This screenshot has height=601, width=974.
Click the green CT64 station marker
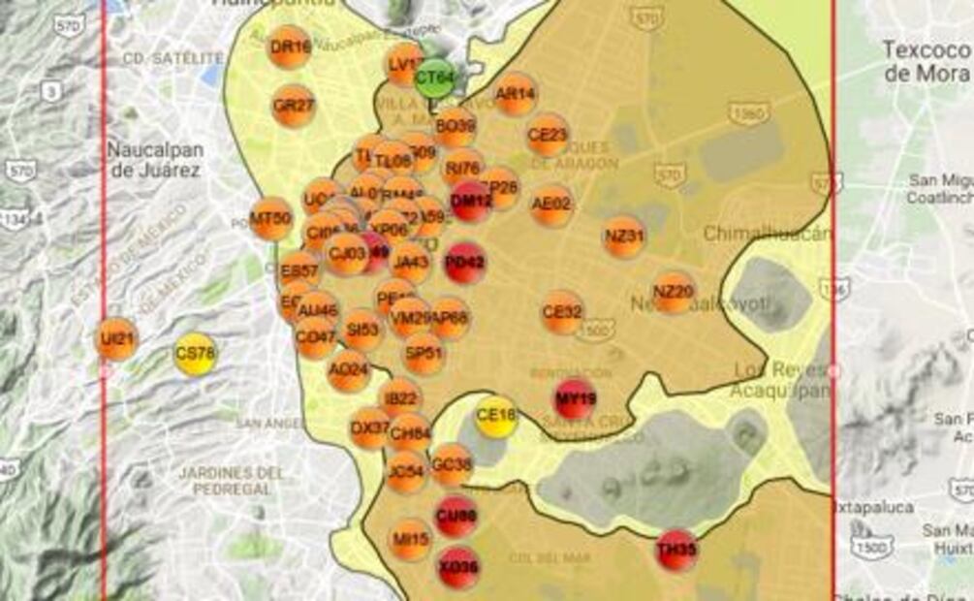[x=434, y=78]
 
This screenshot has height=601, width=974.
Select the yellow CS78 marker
[x=196, y=354]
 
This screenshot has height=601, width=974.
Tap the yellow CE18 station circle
[x=496, y=417]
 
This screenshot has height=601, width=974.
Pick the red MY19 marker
[x=575, y=398]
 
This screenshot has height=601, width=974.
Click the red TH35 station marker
[x=676, y=550]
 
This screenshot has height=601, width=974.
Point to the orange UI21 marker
[x=118, y=339]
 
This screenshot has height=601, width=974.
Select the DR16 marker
[x=290, y=47]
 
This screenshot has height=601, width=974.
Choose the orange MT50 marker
[x=271, y=218]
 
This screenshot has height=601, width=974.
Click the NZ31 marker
[x=624, y=236]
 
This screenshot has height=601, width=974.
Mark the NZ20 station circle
[x=673, y=292]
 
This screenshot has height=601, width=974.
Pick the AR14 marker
[x=515, y=94]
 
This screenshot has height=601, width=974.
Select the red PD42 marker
[x=465, y=262]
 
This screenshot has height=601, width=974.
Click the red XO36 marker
[x=458, y=567]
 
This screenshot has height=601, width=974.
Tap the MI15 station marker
[x=410, y=539]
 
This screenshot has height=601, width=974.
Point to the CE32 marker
[x=562, y=312]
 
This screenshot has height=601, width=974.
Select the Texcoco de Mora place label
[x=926, y=61]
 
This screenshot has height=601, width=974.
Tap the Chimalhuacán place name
[x=767, y=234]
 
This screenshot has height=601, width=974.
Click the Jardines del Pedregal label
[x=232, y=481]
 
